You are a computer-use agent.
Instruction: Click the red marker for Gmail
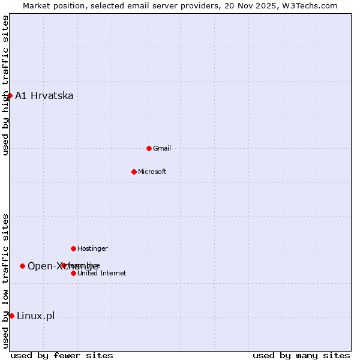click(x=149, y=148)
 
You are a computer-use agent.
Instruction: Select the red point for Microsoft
click(x=134, y=172)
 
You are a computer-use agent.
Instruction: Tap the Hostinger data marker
click(x=73, y=248)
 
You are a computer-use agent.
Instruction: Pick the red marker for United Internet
click(x=73, y=273)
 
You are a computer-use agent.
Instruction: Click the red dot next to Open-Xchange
click(x=22, y=266)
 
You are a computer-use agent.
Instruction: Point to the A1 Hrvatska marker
click(x=10, y=95)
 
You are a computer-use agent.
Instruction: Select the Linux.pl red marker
click(x=11, y=316)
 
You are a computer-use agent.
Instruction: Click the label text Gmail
click(x=162, y=148)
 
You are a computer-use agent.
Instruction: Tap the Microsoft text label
click(x=152, y=172)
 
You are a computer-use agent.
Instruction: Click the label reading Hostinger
click(x=92, y=248)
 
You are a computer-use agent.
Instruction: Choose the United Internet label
click(x=102, y=273)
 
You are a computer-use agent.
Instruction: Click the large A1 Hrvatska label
click(x=44, y=95)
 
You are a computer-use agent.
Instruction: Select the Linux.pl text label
click(x=36, y=316)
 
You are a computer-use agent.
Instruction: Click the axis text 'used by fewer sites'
click(x=62, y=355)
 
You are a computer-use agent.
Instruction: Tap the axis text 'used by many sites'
click(x=301, y=355)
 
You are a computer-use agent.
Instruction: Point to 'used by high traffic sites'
click(x=5, y=85)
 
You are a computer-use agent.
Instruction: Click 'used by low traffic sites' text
click(x=5, y=280)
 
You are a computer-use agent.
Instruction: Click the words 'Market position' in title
click(x=52, y=5)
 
